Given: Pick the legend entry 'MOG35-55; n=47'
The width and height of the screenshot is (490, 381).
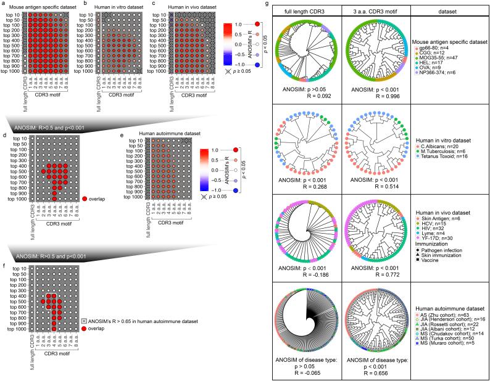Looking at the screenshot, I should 442,57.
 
